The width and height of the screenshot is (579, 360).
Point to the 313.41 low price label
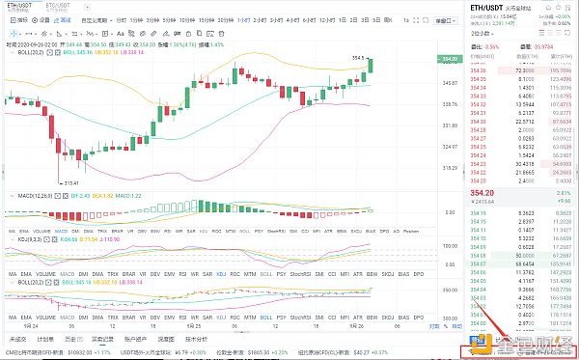click(x=70, y=182)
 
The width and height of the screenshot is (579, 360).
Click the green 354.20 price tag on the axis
click(x=450, y=59)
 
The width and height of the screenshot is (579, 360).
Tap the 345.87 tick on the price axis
click(x=449, y=83)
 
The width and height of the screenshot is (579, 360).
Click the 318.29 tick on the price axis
click(x=449, y=166)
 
